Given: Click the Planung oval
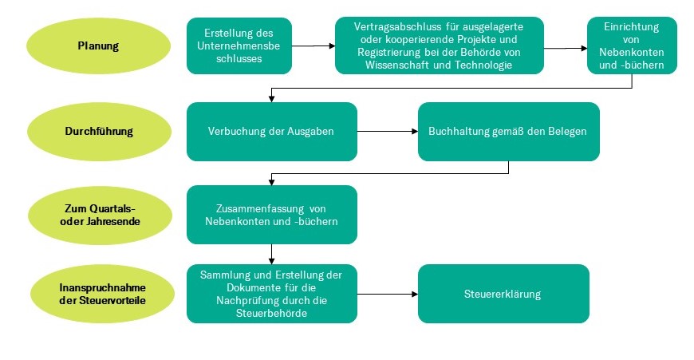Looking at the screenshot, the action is click(98, 45).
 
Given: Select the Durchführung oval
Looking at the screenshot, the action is click(99, 131).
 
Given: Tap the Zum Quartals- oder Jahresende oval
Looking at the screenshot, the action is click(100, 216).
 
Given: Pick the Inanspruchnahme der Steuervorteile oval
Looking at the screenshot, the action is click(102, 294).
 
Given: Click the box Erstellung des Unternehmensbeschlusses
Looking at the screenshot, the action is click(239, 45).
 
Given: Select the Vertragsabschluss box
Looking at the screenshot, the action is click(439, 45).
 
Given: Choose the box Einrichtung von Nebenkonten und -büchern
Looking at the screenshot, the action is click(632, 45).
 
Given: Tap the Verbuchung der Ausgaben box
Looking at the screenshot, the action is click(272, 132).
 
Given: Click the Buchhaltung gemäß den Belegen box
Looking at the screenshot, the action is click(509, 132).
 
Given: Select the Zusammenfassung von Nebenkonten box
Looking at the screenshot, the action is click(272, 215).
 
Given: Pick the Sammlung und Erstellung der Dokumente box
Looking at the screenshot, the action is click(272, 294).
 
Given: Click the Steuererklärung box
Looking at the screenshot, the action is click(503, 294).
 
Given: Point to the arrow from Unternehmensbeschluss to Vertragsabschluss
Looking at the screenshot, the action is click(313, 45).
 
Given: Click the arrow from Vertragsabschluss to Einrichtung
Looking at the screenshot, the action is click(566, 48).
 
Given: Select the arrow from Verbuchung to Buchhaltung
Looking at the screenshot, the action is click(388, 132).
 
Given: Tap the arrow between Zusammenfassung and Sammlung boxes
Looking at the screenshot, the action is click(272, 254).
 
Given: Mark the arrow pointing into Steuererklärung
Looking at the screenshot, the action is click(388, 294).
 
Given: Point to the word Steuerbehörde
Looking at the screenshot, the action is click(272, 314).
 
